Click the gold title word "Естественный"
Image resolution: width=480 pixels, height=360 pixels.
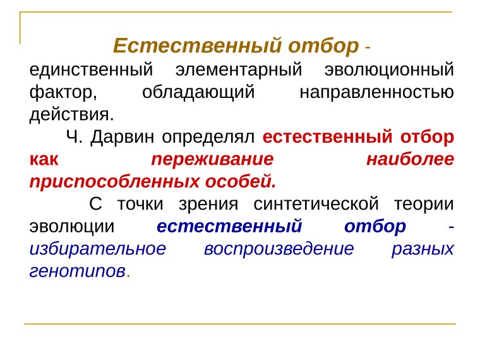197,46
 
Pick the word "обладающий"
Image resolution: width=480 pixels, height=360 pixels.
198,92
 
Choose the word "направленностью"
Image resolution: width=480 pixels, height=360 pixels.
376,92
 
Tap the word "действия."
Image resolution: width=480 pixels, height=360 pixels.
72,114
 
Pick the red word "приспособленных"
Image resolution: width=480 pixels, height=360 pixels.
114,182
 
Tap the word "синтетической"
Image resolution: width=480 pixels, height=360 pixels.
313,205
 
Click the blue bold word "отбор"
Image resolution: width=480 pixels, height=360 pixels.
376,227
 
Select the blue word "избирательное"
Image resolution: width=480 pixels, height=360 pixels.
98,249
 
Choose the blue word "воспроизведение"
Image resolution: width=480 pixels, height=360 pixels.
279,249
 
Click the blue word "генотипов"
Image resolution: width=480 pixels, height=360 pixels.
77,272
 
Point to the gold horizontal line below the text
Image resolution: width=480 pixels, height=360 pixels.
240,324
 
